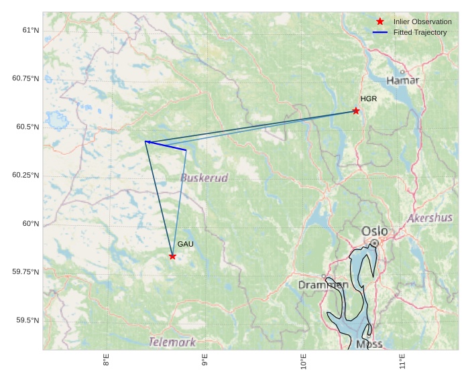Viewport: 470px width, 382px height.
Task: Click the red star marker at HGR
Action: (x=356, y=111)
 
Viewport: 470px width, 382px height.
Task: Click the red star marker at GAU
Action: (x=172, y=256)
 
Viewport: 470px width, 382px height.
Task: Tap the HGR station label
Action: (x=369, y=99)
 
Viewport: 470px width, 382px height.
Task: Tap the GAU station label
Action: (x=186, y=244)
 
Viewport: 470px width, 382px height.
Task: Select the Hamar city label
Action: (x=403, y=80)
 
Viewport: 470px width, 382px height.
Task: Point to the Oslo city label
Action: (x=374, y=231)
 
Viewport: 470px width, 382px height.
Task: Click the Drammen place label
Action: (x=323, y=285)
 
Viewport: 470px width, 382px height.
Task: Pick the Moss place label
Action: (x=369, y=344)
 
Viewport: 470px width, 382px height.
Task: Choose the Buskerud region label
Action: (x=204, y=178)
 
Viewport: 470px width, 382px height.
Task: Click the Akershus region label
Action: (x=430, y=218)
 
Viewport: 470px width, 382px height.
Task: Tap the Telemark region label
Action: (x=172, y=342)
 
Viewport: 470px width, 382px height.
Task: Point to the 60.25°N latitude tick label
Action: (x=25, y=175)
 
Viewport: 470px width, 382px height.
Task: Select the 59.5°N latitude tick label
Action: (x=28, y=320)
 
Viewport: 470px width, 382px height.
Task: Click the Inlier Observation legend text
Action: (x=422, y=21)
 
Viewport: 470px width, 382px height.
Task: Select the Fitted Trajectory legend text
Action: (x=420, y=32)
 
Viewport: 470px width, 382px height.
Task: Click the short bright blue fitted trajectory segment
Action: (x=166, y=145)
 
